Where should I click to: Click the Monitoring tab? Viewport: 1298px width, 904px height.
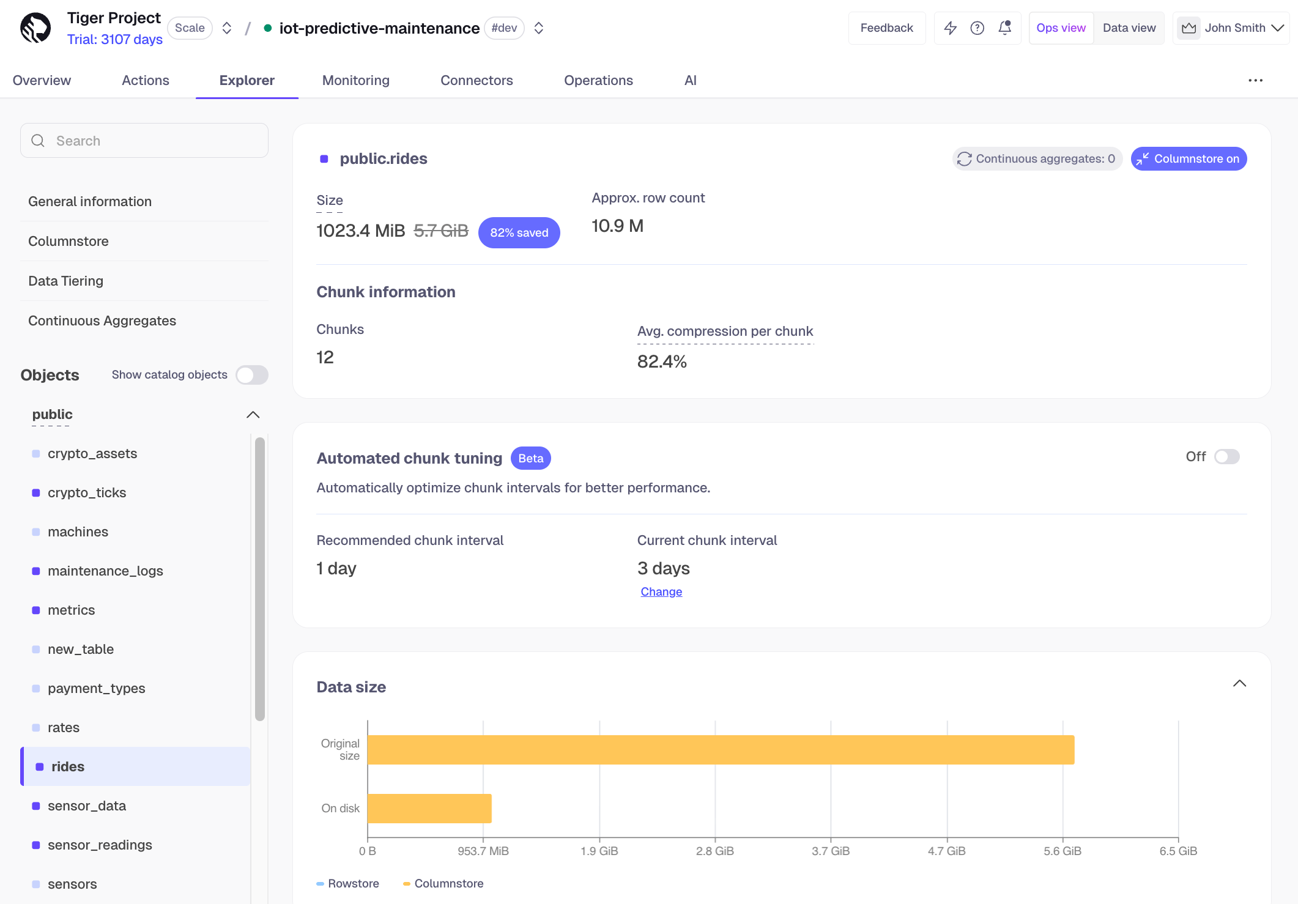[x=355, y=80]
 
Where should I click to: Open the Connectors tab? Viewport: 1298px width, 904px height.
[x=477, y=80]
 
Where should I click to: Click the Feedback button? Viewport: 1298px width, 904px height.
[x=886, y=28]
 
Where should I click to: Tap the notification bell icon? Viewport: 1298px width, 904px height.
[x=1004, y=28]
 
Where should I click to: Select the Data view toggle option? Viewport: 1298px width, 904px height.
[x=1129, y=28]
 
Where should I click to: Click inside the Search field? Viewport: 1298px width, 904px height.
[x=144, y=141]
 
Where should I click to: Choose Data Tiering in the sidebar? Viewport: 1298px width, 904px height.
[x=65, y=281]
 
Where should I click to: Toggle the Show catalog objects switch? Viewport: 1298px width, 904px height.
[x=252, y=375]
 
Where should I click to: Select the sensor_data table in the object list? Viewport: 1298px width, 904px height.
[x=87, y=806]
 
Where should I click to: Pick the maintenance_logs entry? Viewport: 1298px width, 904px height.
[x=105, y=571]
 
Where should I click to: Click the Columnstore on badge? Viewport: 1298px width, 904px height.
[x=1188, y=159]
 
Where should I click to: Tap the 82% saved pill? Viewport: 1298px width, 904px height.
[x=519, y=232]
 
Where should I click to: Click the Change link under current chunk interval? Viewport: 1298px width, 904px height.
[x=661, y=591]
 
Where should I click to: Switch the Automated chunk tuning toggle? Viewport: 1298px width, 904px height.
[x=1226, y=457]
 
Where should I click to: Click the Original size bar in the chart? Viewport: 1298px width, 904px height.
[x=721, y=749]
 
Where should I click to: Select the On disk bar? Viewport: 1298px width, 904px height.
[x=429, y=808]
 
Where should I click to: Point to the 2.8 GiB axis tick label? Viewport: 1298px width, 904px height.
[x=714, y=851]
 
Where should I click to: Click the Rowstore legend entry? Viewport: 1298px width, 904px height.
[x=348, y=883]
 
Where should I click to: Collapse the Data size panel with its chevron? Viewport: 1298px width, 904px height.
[x=1239, y=684]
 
